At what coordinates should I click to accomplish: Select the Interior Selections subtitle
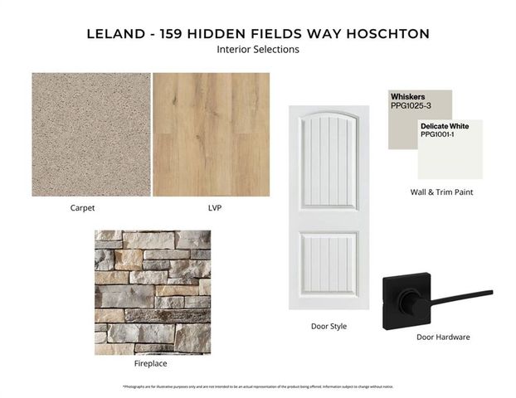pos(257,50)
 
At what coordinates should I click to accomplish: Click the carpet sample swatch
pos(91,134)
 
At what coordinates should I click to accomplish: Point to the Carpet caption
pos(83,208)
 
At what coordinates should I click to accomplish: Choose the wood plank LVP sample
pos(211,134)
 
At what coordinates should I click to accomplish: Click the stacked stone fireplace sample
pos(153,292)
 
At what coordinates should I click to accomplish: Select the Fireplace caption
pos(151,363)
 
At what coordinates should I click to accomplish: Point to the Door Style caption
pos(329,327)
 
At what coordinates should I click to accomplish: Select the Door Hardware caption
pos(443,337)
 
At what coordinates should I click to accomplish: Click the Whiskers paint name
pos(407,97)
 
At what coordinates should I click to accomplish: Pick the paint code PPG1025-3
pos(411,106)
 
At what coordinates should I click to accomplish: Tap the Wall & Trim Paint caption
pos(442,192)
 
